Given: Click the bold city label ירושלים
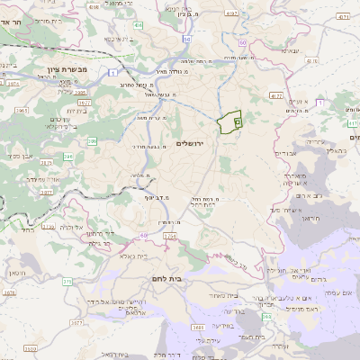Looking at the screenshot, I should click(x=190, y=144).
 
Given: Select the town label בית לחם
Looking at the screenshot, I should click(x=167, y=278).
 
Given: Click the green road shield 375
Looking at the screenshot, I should click(x=67, y=281).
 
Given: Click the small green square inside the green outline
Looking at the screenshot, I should click(x=238, y=120).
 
